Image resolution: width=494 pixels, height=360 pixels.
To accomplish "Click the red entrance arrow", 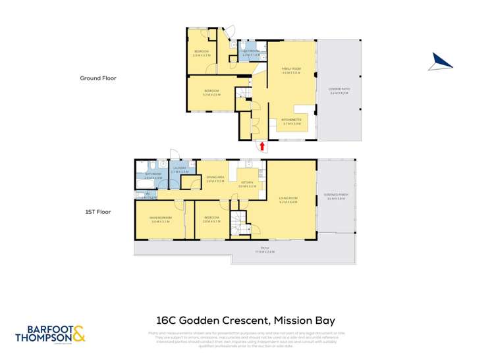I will point(262,147).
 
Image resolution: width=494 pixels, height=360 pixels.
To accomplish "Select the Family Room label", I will point(291,70).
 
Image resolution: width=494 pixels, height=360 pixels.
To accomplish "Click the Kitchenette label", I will point(292,121).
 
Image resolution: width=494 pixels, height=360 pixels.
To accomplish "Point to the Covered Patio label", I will point(339,91).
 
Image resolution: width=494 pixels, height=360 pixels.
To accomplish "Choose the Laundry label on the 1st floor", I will point(180,169).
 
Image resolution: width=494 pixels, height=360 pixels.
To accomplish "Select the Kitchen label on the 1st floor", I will point(247,184).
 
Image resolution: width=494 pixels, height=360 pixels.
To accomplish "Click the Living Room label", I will point(288,199).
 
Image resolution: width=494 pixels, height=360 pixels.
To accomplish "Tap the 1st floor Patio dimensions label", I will point(265,250).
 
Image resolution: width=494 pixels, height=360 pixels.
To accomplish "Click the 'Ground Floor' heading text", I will point(98,78).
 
